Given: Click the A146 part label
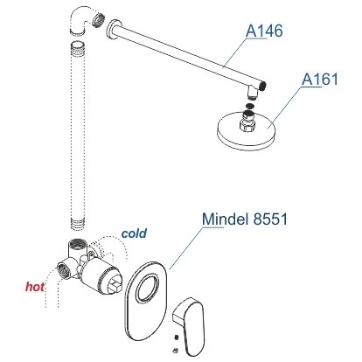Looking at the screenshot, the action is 264,31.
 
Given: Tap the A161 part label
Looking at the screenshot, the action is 320,79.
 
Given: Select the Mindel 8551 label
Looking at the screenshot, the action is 245,219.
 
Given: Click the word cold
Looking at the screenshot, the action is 134,233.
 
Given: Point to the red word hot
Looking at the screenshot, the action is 35,287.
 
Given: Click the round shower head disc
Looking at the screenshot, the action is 246,134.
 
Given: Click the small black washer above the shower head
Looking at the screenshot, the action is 250,105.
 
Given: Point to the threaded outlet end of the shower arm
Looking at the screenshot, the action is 263,86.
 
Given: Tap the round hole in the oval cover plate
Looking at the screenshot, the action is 149,288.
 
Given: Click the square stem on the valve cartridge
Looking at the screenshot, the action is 115,287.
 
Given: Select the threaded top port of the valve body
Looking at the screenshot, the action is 78,244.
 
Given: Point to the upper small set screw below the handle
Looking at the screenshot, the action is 176,338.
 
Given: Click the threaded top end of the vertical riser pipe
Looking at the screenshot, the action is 78,48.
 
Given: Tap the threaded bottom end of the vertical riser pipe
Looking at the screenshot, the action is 78,224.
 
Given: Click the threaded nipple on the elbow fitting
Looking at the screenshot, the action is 98,19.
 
